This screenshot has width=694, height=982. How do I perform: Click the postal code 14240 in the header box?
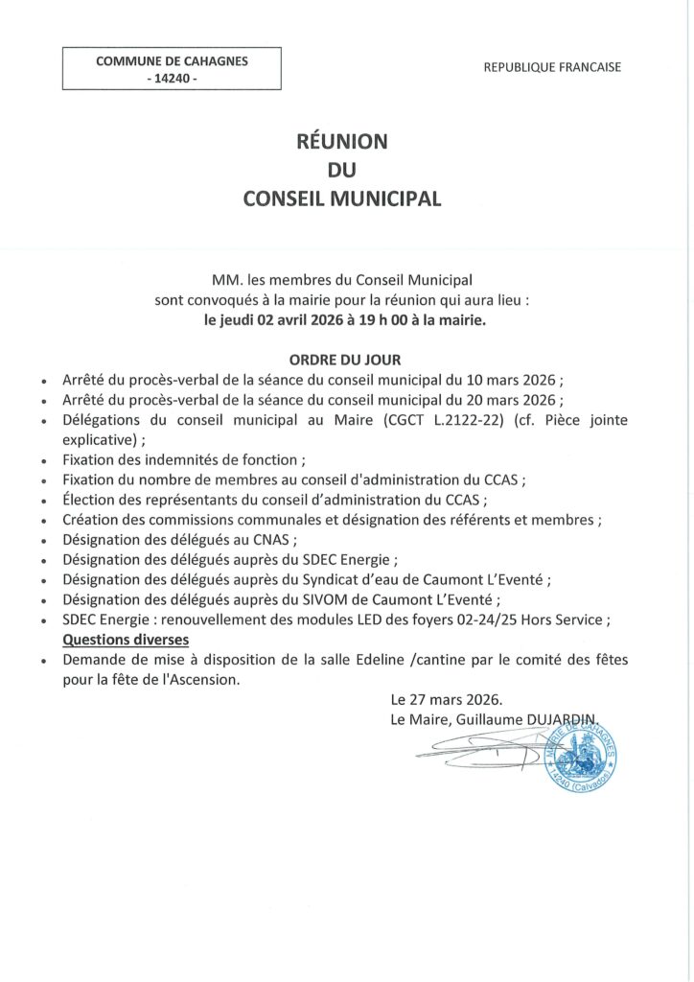tap(172, 79)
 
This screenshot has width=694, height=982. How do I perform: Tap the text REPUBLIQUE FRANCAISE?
tap(552, 67)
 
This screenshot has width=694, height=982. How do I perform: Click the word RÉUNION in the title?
tap(342, 142)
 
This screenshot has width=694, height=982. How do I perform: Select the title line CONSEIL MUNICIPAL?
tap(342, 199)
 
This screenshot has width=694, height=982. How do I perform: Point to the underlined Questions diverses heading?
tap(126, 640)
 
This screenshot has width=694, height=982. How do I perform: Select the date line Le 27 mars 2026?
tap(446, 700)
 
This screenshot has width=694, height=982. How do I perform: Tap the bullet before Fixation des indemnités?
tap(45, 461)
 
